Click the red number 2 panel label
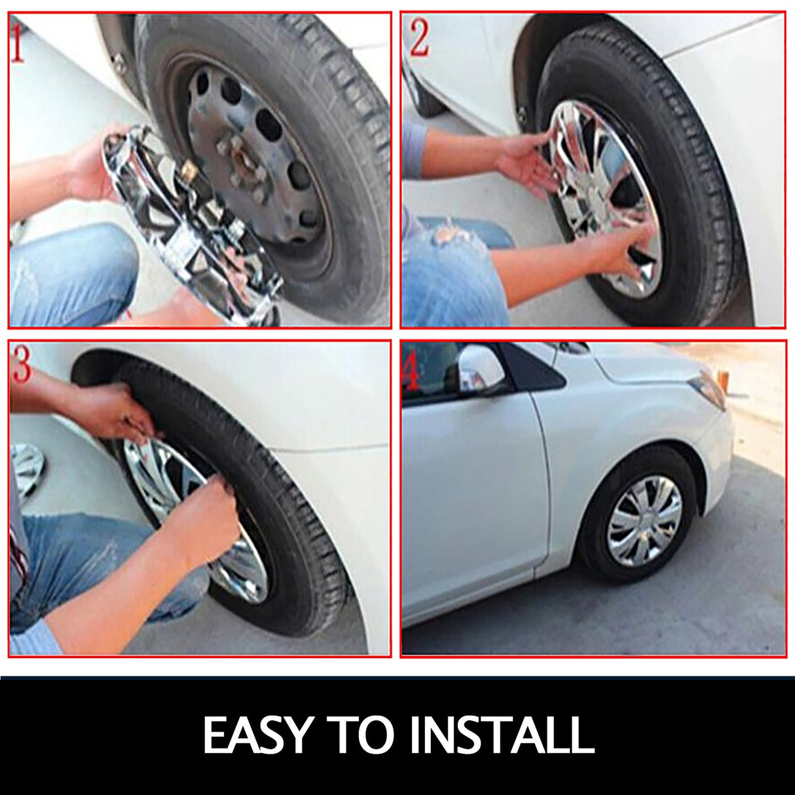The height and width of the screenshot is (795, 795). (420, 39)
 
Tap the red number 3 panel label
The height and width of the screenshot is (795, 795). (21, 363)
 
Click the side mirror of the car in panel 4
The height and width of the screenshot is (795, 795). (479, 365)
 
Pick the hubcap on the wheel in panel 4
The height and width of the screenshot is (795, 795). (644, 517)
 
